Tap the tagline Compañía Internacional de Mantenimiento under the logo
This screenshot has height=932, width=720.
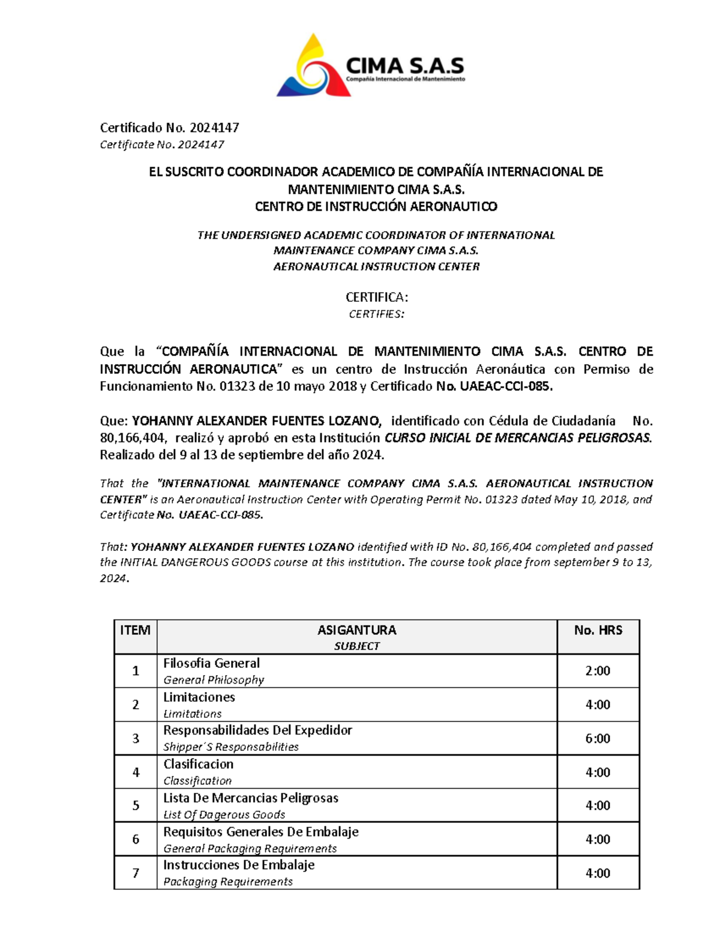pos(405,79)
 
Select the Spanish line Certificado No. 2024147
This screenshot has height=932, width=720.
pos(169,128)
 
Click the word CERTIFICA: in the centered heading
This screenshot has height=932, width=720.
pos(376,297)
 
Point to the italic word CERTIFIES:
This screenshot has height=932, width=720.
pos(376,314)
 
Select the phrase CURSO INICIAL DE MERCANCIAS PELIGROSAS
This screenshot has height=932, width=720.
pos(517,437)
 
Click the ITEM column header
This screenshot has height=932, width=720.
pos(135,630)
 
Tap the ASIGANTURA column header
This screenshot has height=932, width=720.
pos(356,630)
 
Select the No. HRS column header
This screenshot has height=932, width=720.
pos(598,630)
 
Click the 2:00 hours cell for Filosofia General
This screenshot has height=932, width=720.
pos(598,671)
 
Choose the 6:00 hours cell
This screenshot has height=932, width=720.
pos(598,739)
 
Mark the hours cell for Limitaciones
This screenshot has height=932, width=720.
pos(598,705)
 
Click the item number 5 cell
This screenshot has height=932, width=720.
pos(136,805)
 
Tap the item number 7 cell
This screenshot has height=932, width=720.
pos(136,873)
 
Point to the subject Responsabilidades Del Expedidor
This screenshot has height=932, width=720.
pos(257,730)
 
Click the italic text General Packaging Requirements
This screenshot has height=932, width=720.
pos(250,849)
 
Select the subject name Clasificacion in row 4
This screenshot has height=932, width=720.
pos(198,764)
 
